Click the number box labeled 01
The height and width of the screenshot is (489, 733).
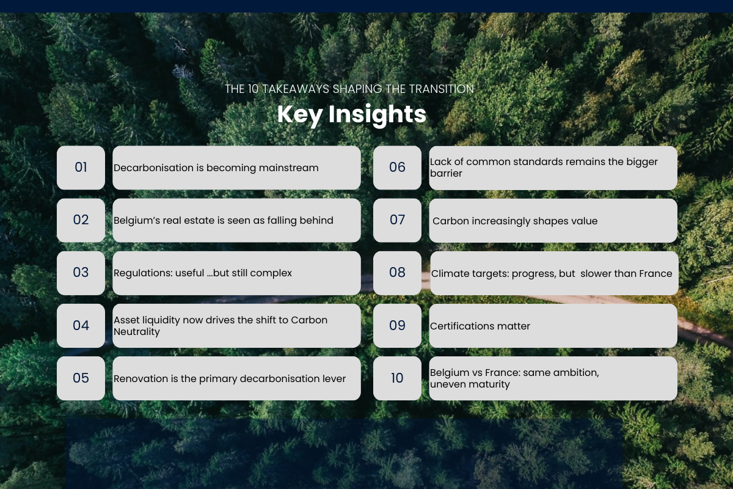click(x=81, y=167)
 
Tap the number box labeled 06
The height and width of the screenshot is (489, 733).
click(x=397, y=167)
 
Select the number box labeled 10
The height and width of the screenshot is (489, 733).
click(x=397, y=378)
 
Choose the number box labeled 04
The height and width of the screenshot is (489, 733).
click(x=81, y=326)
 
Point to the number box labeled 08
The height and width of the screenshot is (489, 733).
click(x=397, y=273)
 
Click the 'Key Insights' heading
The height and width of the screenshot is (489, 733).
click(x=352, y=115)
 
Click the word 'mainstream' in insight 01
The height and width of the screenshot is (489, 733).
click(x=288, y=167)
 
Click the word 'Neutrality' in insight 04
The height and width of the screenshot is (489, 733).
click(x=137, y=332)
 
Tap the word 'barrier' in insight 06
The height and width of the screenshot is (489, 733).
click(x=446, y=173)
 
